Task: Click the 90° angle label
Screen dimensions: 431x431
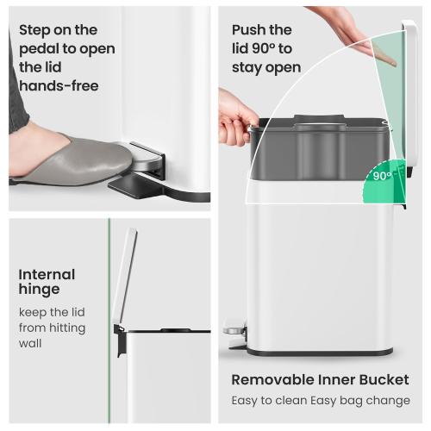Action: pyautogui.click(x=383, y=175)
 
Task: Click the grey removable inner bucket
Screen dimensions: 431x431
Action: pyautogui.click(x=319, y=151)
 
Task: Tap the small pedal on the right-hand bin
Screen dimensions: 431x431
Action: pyautogui.click(x=234, y=328)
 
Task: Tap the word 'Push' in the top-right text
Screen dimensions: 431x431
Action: pyautogui.click(x=250, y=30)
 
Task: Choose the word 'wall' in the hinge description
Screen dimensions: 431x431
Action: pyautogui.click(x=31, y=343)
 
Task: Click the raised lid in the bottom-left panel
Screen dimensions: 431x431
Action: pyautogui.click(x=126, y=276)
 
